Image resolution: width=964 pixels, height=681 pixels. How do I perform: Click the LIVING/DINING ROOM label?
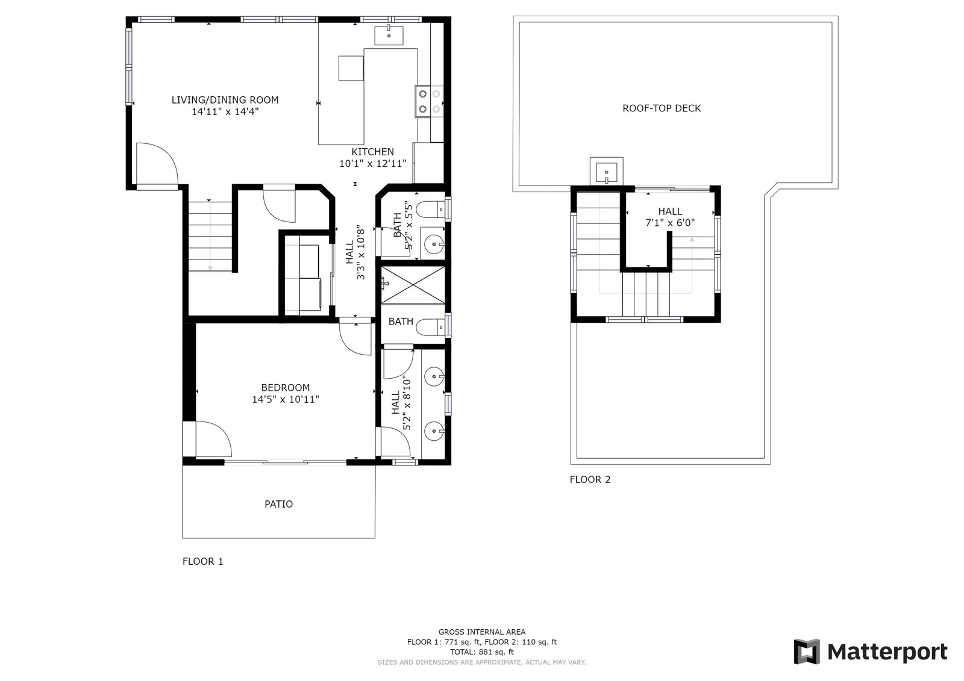tap(225, 100)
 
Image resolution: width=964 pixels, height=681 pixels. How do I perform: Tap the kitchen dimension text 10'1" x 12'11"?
tap(373, 163)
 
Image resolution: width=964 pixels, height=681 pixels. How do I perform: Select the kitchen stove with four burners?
tap(429, 101)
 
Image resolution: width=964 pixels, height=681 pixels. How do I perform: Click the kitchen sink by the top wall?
tap(389, 36)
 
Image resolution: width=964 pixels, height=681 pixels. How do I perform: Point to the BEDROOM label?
tap(286, 388)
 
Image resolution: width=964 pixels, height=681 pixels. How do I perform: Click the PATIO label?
tap(278, 504)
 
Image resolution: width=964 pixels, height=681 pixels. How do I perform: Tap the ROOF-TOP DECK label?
tap(662, 108)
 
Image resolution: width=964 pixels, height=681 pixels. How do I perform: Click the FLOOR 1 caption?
tap(202, 561)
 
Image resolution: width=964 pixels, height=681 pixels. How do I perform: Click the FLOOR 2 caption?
tap(590, 480)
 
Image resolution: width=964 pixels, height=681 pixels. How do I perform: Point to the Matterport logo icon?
tap(807, 651)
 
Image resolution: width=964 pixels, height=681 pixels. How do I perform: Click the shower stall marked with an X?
tap(413, 285)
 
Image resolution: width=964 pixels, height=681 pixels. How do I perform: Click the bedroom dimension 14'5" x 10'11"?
tap(286, 399)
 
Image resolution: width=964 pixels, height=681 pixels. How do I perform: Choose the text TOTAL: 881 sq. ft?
tap(482, 651)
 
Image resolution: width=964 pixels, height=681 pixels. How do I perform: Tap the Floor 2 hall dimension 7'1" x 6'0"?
tap(670, 223)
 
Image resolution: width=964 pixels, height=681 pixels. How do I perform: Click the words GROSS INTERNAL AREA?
tap(482, 632)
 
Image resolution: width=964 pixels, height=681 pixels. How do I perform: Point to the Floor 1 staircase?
tap(210, 236)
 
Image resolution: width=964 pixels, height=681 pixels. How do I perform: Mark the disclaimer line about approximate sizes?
tap(482, 662)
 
